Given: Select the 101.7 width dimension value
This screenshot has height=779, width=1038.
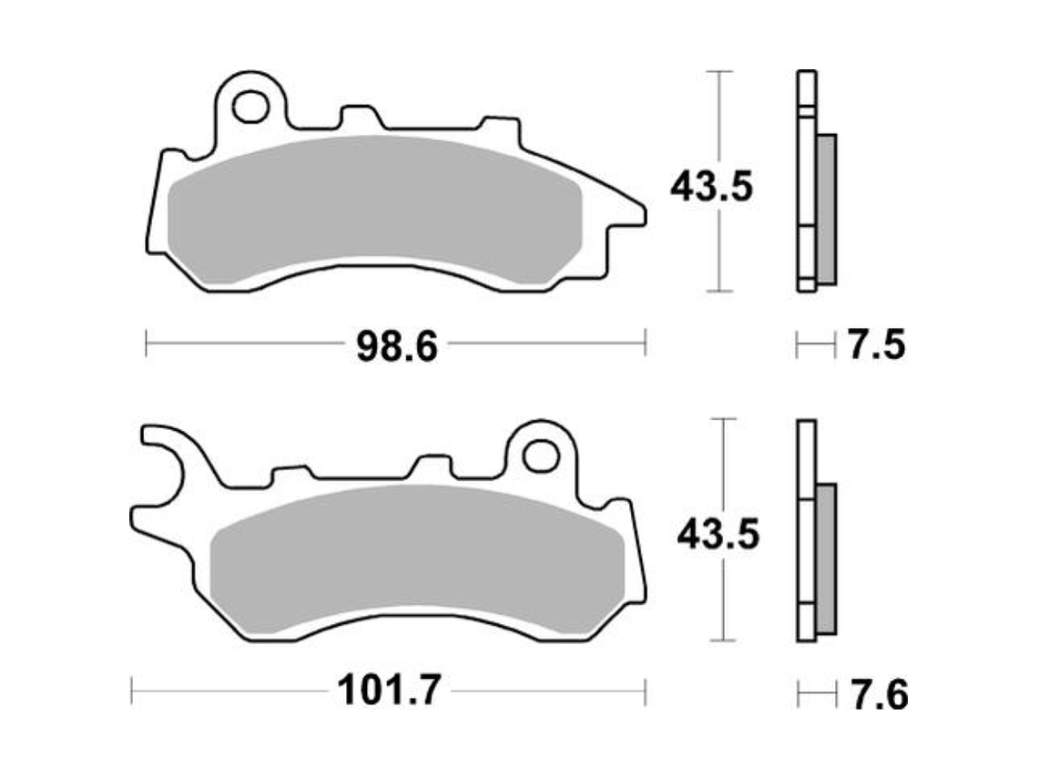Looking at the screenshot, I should point(389,692).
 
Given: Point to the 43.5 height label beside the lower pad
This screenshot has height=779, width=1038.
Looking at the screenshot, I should point(717,535).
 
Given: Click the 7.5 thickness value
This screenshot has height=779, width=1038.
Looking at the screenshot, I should point(876,346).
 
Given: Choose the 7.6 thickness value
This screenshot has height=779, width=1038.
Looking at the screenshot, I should point(879,696).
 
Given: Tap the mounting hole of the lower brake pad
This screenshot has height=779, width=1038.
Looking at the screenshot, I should point(541,454).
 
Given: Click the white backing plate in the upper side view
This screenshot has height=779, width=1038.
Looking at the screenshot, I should point(807,182).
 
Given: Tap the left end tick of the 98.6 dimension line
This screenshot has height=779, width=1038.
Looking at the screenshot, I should point(148,344).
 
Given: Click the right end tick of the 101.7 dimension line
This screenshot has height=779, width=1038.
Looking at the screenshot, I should point(646,691).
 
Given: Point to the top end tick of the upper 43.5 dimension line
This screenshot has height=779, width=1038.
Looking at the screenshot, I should point(720,71).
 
